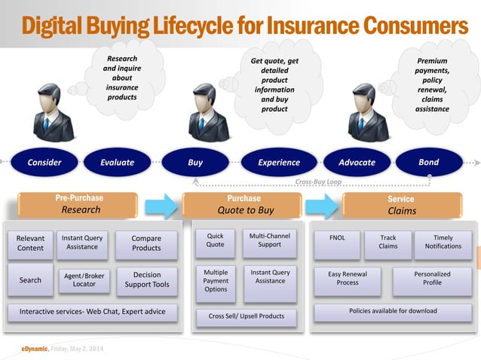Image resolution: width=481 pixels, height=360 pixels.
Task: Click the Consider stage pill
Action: point(44,162)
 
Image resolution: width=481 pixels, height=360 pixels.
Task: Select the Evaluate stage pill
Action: point(118,162)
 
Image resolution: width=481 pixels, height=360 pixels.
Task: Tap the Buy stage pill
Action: point(195,162)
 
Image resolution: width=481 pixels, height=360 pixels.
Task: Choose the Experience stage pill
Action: point(279,162)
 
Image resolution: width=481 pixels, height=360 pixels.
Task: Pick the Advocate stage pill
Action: point(357,162)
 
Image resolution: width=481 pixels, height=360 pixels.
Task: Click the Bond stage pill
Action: point(428,162)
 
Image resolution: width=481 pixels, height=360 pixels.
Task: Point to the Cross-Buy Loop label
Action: point(317,182)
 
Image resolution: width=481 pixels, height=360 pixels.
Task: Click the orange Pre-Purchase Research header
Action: point(80,204)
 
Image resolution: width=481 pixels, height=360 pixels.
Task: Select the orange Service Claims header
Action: point(401,205)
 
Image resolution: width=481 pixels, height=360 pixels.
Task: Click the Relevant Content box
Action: point(31,243)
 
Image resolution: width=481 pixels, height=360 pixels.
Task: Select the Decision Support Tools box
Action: point(147,279)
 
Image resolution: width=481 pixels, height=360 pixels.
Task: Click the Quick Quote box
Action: point(216,240)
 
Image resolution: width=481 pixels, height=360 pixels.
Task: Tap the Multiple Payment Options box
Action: point(216,279)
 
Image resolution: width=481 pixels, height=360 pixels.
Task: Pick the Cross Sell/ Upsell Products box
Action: point(247,316)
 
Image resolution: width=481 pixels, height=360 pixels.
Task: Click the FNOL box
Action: point(337,238)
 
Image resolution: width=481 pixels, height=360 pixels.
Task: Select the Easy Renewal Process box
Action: point(348,279)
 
